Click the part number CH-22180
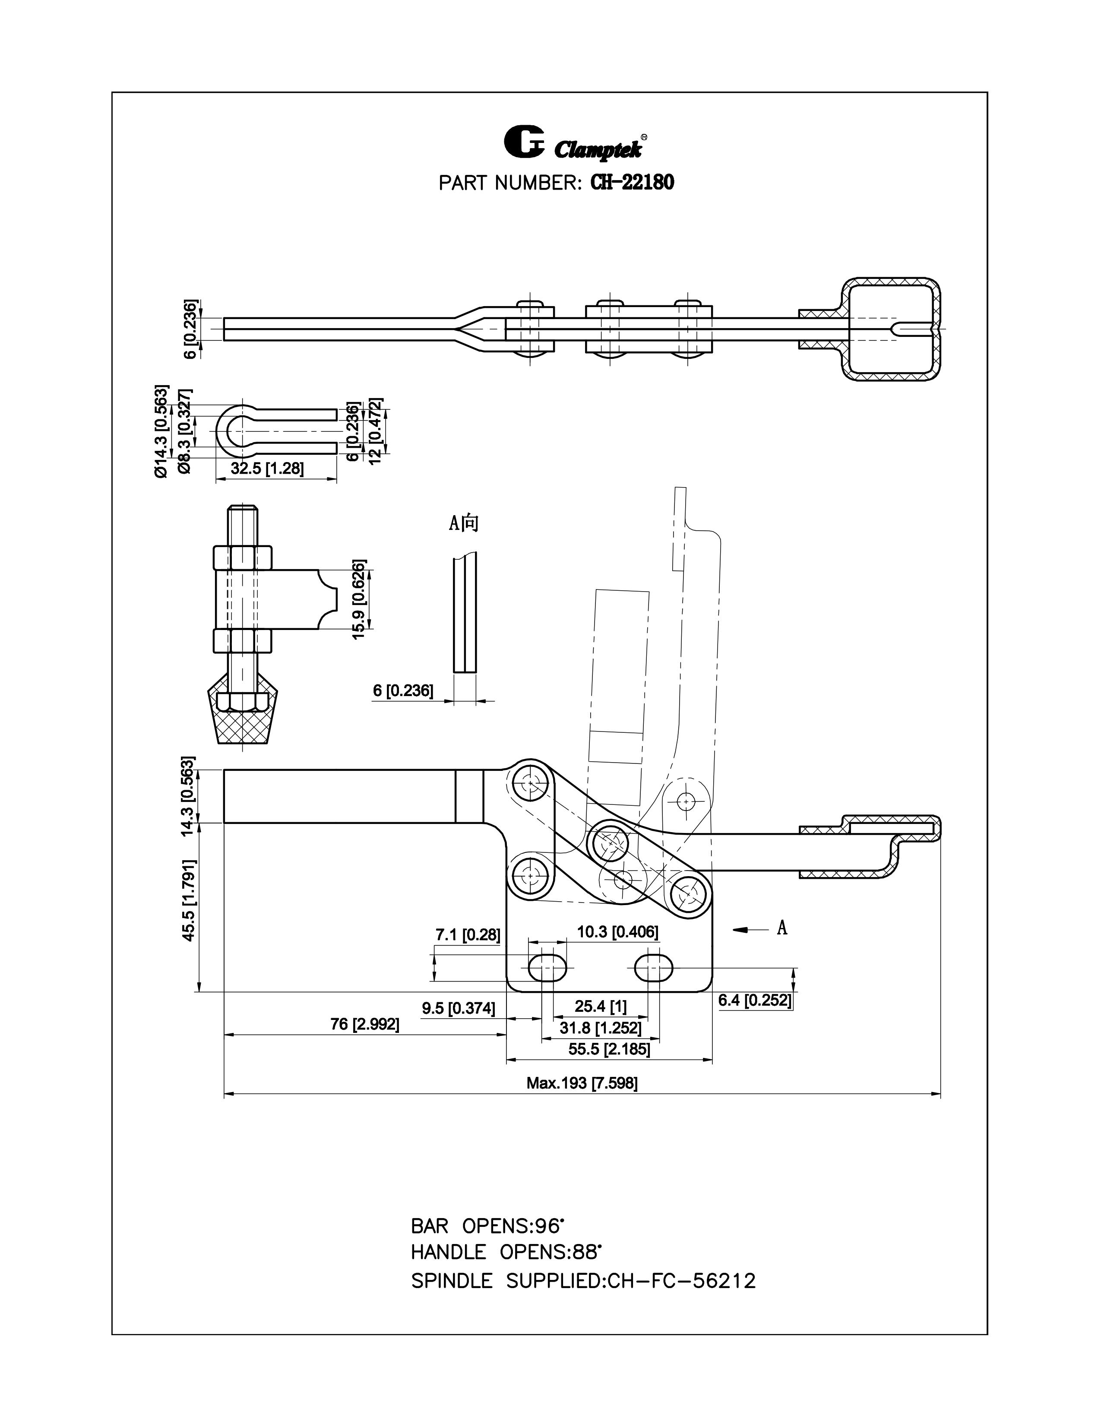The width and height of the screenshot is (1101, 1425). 631,183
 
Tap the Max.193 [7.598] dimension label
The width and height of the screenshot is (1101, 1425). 582,1083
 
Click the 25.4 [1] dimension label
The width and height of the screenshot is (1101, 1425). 600,1006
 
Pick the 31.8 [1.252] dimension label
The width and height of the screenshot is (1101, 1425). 600,1028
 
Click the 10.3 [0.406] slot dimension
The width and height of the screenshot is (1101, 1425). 617,932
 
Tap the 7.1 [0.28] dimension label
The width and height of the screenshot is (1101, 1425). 468,935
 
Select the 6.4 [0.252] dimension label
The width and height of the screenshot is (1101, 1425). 755,1000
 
